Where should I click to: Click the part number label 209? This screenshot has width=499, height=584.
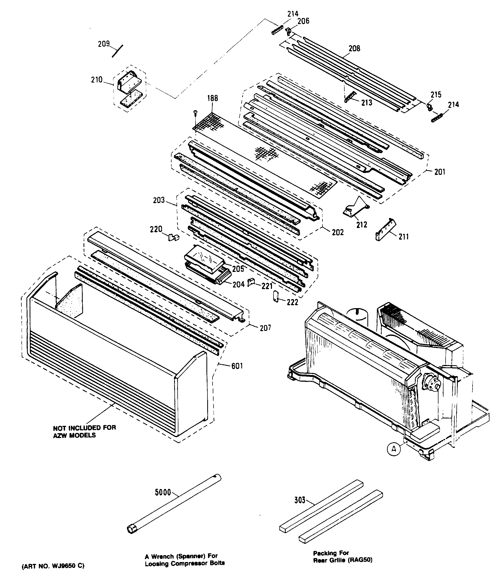tap(103, 44)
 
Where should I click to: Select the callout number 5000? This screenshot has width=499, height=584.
tap(163, 492)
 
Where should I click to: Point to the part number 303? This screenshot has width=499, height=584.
tap(300, 500)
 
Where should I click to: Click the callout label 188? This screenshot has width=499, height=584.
tap(212, 98)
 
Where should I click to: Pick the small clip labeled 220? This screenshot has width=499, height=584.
tap(173, 237)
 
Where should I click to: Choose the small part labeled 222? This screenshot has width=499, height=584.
tap(276, 296)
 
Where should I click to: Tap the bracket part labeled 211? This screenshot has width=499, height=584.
tap(386, 229)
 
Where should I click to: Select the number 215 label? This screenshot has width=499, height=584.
tap(436, 95)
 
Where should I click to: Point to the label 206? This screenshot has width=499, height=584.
tap(303, 21)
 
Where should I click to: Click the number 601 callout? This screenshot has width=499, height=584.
tap(237, 366)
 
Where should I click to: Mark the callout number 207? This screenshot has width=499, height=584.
tap(265, 328)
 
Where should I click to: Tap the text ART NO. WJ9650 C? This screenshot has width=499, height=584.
tap(53, 566)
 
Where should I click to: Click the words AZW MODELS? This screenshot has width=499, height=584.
tap(74, 435)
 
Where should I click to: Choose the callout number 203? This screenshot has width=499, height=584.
tap(159, 200)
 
